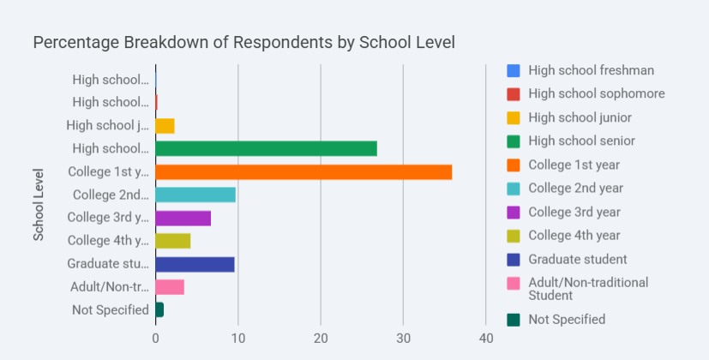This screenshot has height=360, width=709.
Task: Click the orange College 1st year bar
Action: pos(303,171)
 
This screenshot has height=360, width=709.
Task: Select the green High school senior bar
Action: pos(266,148)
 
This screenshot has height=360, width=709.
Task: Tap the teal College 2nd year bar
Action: pos(195,195)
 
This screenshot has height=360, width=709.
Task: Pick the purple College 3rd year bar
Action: pos(183,218)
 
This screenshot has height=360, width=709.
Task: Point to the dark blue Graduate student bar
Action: pos(195,264)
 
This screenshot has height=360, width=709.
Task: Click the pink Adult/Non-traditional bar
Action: pos(170,287)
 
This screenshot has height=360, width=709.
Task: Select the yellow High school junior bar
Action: pos(165,126)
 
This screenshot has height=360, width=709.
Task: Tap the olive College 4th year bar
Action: pos(172,241)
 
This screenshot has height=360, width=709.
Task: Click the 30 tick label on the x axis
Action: pos(403,338)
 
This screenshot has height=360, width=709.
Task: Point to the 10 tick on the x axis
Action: pos(237,338)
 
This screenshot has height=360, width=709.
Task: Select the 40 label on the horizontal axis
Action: pos(486,338)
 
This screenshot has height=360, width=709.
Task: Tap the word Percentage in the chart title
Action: pos(76,42)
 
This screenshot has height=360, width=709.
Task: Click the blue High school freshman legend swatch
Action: pos(514,70)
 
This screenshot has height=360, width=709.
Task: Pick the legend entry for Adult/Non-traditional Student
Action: pos(588,289)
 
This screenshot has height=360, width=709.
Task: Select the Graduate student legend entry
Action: pos(577,259)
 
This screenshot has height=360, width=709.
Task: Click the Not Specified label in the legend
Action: pos(567,319)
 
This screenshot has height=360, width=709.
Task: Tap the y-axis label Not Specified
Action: pos(111,309)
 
